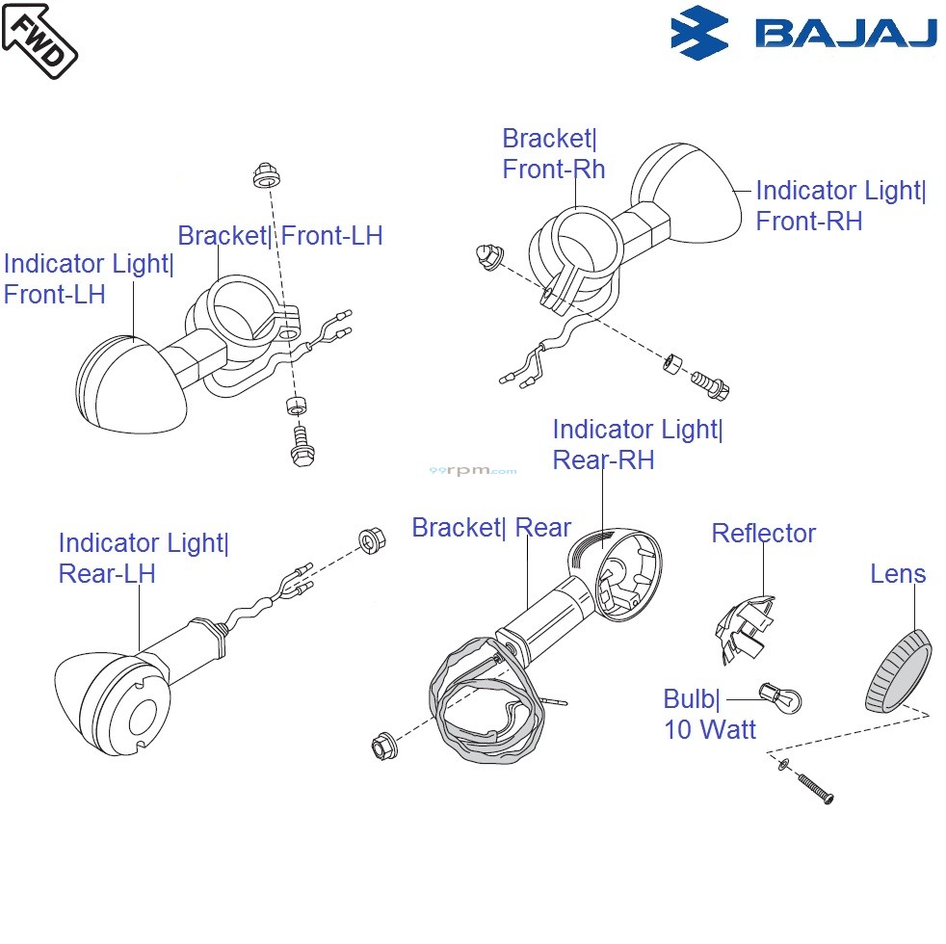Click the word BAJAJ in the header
(846, 34)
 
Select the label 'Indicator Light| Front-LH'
(89, 278)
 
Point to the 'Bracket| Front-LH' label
(279, 235)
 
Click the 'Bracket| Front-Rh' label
(554, 154)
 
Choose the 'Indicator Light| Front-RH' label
(840, 205)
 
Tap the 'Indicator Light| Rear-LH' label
(144, 558)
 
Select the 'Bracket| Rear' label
(491, 528)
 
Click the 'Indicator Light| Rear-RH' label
(637, 444)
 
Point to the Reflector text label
(763, 534)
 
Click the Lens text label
(898, 574)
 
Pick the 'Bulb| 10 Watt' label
(709, 714)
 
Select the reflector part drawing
(744, 629)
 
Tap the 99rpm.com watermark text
(472, 471)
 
